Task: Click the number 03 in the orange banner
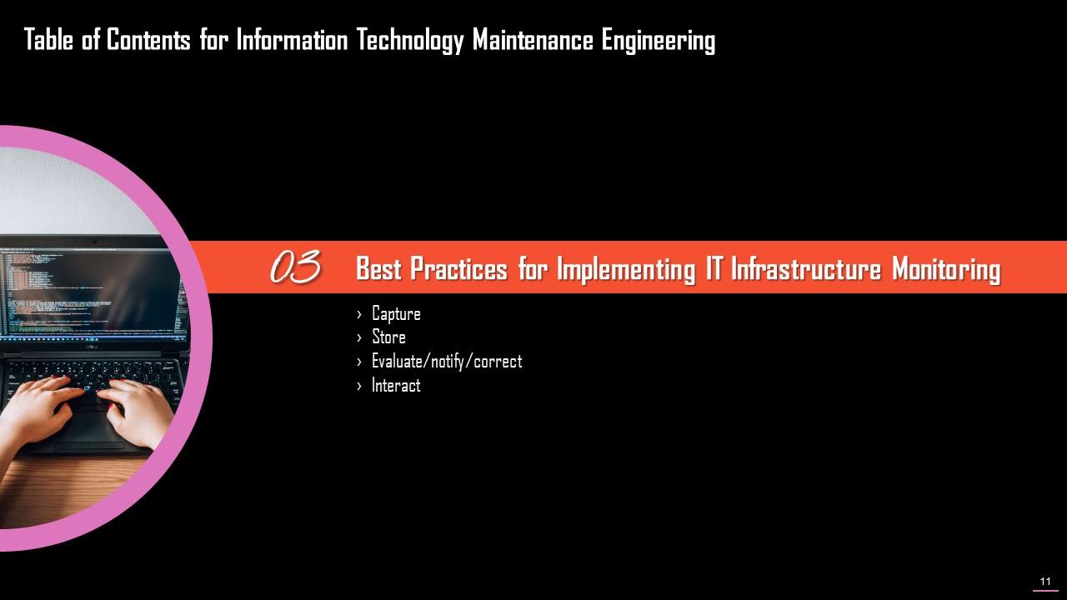pos(295,268)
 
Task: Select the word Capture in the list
pos(396,314)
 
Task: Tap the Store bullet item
pos(388,337)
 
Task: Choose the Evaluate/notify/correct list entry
pos(446,362)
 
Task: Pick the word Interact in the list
pos(396,386)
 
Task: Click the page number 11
pos(1045,582)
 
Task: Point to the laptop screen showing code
pos(92,292)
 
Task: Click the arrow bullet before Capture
pos(359,314)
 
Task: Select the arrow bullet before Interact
pos(359,386)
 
